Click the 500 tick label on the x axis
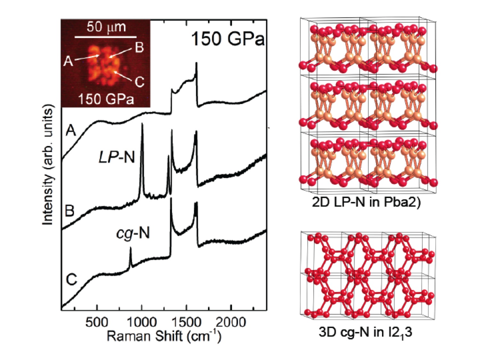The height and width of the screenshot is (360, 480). (x=97, y=322)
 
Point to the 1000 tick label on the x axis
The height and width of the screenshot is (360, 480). (x=141, y=322)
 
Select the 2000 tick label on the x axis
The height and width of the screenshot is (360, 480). (x=231, y=322)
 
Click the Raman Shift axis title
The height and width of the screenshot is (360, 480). (x=164, y=336)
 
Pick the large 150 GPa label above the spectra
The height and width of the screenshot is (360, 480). (x=228, y=39)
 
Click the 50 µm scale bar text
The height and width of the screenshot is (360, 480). (x=106, y=27)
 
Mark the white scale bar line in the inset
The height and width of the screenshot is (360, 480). (x=106, y=37)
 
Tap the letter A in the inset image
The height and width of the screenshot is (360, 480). (x=68, y=61)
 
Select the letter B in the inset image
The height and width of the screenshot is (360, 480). (x=139, y=47)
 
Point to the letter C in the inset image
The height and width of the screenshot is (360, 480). (x=140, y=82)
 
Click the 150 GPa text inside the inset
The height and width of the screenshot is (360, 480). (x=106, y=99)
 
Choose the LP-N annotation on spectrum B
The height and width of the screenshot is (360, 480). (x=117, y=157)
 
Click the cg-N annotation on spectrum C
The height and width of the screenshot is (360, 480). (x=133, y=233)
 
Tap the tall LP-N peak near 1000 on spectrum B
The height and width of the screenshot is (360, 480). (x=142, y=126)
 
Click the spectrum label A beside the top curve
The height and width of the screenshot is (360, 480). (x=70, y=131)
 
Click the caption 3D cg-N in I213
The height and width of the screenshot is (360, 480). (x=365, y=332)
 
